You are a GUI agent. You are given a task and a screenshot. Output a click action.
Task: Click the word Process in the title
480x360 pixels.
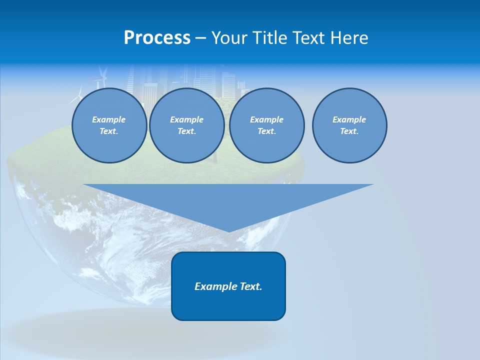tap(157, 38)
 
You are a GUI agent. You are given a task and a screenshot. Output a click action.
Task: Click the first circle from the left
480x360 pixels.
tap(109, 125)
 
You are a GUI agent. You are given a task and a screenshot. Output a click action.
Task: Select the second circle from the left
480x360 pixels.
tap(186, 125)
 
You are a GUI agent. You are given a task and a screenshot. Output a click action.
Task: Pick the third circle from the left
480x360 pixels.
tap(266, 125)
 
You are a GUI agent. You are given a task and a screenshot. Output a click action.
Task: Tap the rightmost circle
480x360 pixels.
tap(349, 125)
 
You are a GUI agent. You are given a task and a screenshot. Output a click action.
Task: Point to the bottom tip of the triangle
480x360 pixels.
tap(228, 230)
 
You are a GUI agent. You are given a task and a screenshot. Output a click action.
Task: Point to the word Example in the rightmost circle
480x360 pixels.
tap(349, 119)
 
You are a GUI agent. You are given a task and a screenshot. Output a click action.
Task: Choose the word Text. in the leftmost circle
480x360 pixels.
tap(109, 131)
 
